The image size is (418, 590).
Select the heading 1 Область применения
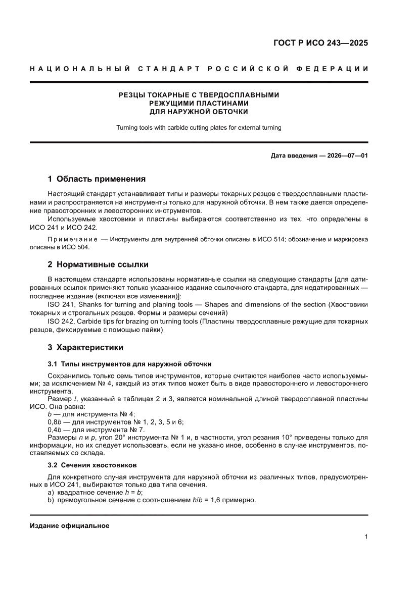97,179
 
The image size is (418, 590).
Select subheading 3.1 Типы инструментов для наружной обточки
129,364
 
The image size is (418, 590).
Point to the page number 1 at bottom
365,537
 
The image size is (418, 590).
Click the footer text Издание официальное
70,526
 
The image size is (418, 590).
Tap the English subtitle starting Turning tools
199,128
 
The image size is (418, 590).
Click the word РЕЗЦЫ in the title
132,94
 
